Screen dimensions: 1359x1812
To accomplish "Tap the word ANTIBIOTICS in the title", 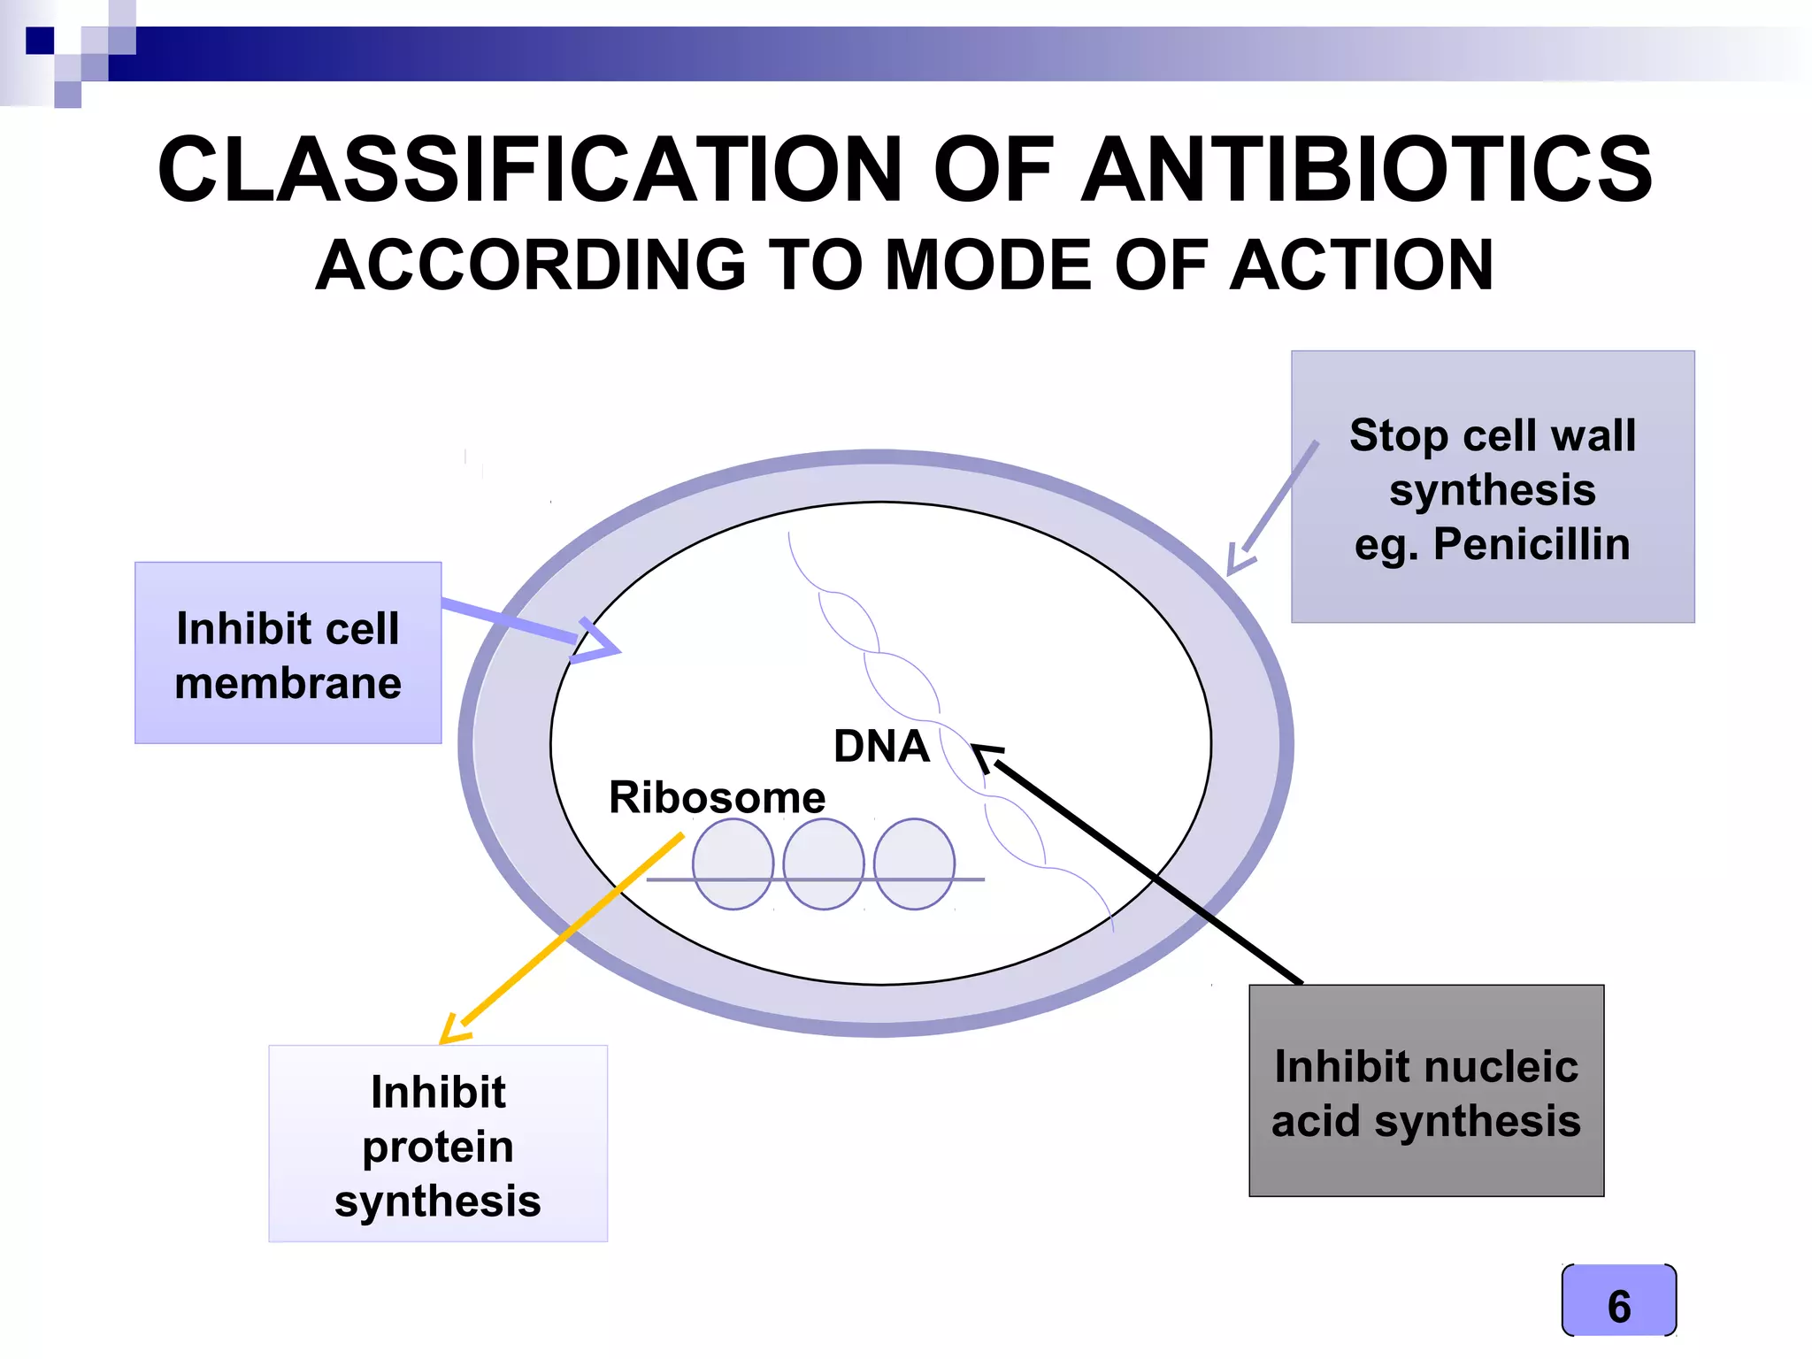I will click(x=1367, y=170).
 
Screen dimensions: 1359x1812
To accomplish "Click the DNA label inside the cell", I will click(x=881, y=747).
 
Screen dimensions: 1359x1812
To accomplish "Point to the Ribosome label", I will click(x=717, y=798).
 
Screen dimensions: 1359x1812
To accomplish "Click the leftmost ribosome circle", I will click(x=733, y=864).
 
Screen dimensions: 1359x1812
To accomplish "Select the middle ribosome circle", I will click(x=824, y=864).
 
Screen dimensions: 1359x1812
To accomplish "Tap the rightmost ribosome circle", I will click(x=914, y=864).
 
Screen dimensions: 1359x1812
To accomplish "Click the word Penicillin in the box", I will click(x=1531, y=544).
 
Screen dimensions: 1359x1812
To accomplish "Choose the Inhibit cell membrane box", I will click(x=288, y=653).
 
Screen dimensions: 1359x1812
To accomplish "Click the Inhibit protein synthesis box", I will click(x=438, y=1144).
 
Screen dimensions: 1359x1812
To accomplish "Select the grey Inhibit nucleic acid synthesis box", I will click(x=1425, y=1091).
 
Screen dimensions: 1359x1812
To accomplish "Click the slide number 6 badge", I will click(x=1618, y=1301).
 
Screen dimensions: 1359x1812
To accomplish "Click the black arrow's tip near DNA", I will click(x=982, y=755).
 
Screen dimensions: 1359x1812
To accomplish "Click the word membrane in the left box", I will click(x=288, y=684).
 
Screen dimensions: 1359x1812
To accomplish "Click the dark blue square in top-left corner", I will click(x=40, y=41).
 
